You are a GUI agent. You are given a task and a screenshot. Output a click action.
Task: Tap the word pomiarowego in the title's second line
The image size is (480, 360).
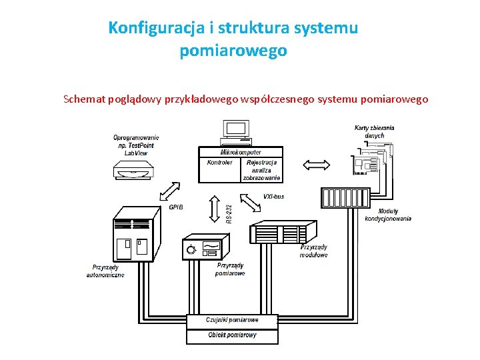pyautogui.click(x=233, y=51)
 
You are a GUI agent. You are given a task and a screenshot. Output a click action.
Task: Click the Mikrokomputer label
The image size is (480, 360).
pyautogui.click(x=241, y=152)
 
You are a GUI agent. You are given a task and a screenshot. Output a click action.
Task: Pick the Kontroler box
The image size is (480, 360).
pyautogui.click(x=219, y=169)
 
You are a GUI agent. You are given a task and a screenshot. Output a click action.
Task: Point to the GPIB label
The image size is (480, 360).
pyautogui.click(x=176, y=207)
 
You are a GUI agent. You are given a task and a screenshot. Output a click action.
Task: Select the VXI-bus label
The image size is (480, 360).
pyautogui.click(x=273, y=197)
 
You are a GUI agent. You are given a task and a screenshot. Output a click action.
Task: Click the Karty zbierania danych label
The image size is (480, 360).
pyautogui.click(x=374, y=131)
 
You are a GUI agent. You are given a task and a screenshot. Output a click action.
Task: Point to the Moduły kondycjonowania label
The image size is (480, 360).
pyautogui.click(x=388, y=215)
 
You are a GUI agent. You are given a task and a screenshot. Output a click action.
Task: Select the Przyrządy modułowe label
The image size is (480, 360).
pyautogui.click(x=313, y=251)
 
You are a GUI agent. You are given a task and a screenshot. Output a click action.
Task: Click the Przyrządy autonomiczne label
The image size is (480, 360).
pyautogui.click(x=105, y=271)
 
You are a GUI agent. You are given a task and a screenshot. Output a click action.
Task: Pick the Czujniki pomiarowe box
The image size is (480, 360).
pyautogui.click(x=232, y=320)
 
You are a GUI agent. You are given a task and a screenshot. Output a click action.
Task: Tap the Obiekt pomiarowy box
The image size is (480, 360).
pyautogui.click(x=232, y=335)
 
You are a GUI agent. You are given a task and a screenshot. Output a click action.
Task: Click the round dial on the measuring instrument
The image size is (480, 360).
pyautogui.click(x=192, y=250)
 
